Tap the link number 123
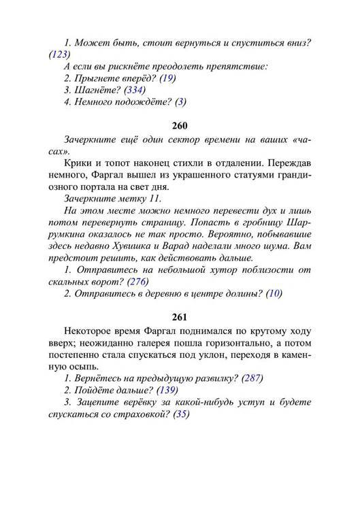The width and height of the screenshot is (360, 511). coord(60,54)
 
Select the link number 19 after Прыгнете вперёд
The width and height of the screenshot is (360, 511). coord(167,78)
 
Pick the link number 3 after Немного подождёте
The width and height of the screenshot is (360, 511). coord(180,102)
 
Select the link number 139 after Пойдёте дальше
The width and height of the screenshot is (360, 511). coord(167,390)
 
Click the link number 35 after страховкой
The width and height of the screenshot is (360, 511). coord(180,414)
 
